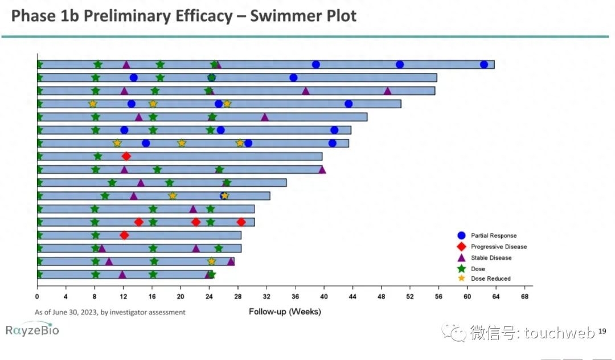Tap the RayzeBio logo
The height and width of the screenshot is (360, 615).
click(x=32, y=329)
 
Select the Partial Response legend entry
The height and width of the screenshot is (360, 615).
click(x=493, y=235)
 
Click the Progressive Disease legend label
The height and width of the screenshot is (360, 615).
click(x=498, y=247)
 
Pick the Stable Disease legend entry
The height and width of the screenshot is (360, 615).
click(x=491, y=257)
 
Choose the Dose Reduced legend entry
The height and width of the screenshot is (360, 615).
click(x=490, y=279)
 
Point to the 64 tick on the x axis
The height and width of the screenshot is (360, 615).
click(x=496, y=296)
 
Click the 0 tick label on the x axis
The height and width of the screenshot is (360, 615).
click(x=37, y=296)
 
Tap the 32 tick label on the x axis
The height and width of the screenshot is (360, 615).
click(x=266, y=296)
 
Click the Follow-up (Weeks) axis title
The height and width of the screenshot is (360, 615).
click(x=285, y=312)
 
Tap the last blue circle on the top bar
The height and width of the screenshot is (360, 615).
click(x=484, y=64)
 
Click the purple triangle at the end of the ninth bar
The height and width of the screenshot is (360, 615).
click(x=322, y=169)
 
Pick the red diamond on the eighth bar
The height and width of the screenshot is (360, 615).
click(x=126, y=156)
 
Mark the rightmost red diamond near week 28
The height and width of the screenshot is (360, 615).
click(x=241, y=222)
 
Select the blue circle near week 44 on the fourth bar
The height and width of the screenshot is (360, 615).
click(x=348, y=104)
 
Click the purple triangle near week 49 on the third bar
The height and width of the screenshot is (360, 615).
click(x=388, y=91)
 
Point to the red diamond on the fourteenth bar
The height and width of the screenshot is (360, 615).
click(x=124, y=235)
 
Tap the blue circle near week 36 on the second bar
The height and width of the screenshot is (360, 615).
click(x=293, y=77)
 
